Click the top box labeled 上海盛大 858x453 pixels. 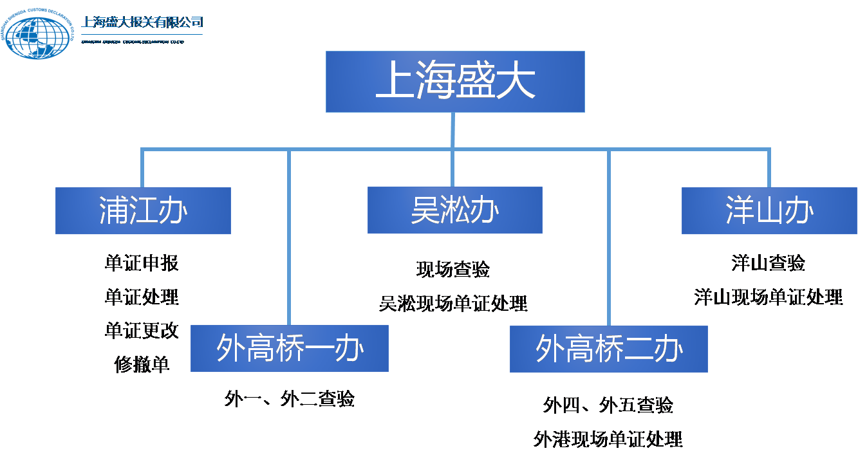[x=454, y=82]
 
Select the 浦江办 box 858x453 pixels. [x=143, y=210]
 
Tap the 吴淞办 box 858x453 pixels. [x=454, y=210]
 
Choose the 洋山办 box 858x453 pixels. [x=769, y=210]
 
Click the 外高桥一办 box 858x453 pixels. [x=289, y=348]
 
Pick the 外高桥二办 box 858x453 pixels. [x=608, y=349]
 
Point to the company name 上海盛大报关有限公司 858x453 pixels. [x=142, y=23]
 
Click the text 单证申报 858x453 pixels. [x=142, y=263]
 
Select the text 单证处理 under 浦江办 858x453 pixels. [x=142, y=297]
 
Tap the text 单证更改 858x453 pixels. [x=142, y=331]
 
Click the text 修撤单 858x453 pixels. [x=142, y=364]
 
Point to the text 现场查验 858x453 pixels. [x=453, y=270]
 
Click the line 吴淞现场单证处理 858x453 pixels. [x=453, y=303]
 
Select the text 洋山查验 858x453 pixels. [x=768, y=263]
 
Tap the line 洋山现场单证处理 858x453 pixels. [x=768, y=297]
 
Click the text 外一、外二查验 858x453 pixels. [x=289, y=399]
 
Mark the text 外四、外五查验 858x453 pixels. [x=608, y=405]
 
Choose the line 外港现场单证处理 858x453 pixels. [x=608, y=439]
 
